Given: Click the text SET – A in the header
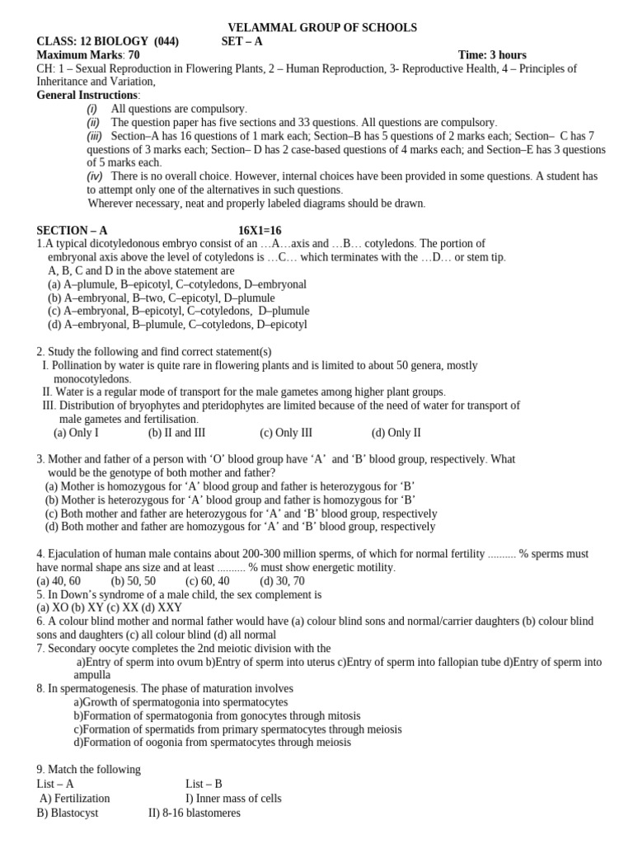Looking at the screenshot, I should pyautogui.click(x=242, y=42).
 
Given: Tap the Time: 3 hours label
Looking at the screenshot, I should pyautogui.click(x=492, y=55).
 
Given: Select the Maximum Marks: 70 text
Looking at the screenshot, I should pyautogui.click(x=88, y=55).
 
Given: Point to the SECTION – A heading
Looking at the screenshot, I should pyautogui.click(x=72, y=231).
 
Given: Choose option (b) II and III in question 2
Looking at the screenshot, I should pyautogui.click(x=176, y=432).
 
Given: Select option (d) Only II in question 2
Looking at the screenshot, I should pyautogui.click(x=396, y=432).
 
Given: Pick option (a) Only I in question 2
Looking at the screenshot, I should pyautogui.click(x=76, y=432).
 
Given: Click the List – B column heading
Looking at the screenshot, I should pyautogui.click(x=204, y=784).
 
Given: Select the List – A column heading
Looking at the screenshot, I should pyautogui.click(x=55, y=784).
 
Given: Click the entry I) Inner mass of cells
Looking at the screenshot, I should pyautogui.click(x=233, y=798).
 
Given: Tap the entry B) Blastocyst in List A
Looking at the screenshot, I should pyautogui.click(x=68, y=813).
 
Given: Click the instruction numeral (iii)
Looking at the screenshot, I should pyautogui.click(x=95, y=136).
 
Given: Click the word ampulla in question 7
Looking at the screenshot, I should pyautogui.click(x=92, y=674).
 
